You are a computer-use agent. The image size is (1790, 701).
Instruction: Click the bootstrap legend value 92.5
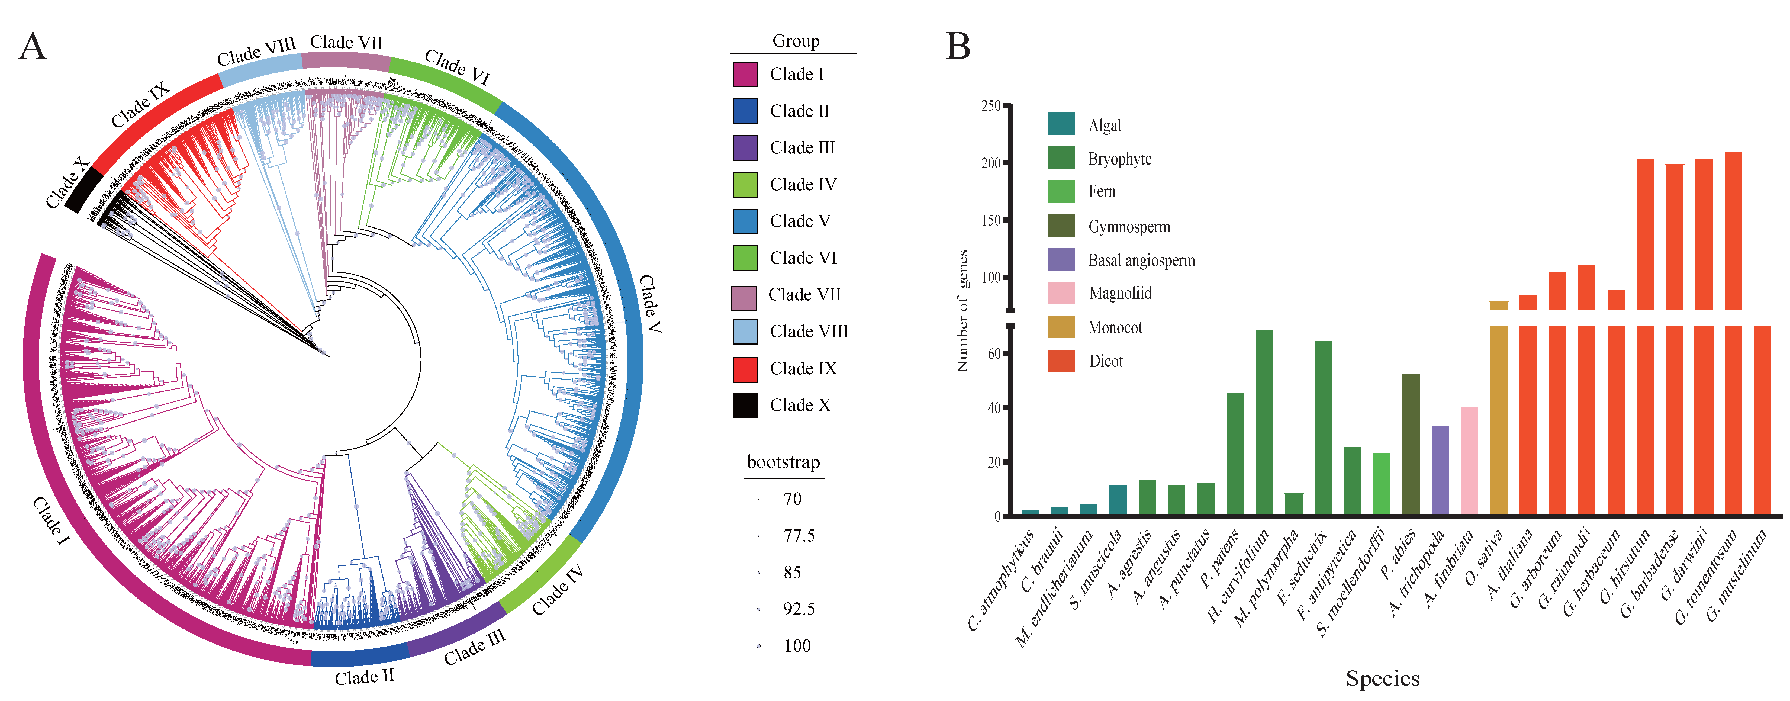799,609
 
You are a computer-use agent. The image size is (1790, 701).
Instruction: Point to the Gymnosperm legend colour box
1061,226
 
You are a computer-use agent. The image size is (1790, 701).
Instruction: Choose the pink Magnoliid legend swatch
1061,293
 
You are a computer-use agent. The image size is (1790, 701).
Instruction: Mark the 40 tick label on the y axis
994,408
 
